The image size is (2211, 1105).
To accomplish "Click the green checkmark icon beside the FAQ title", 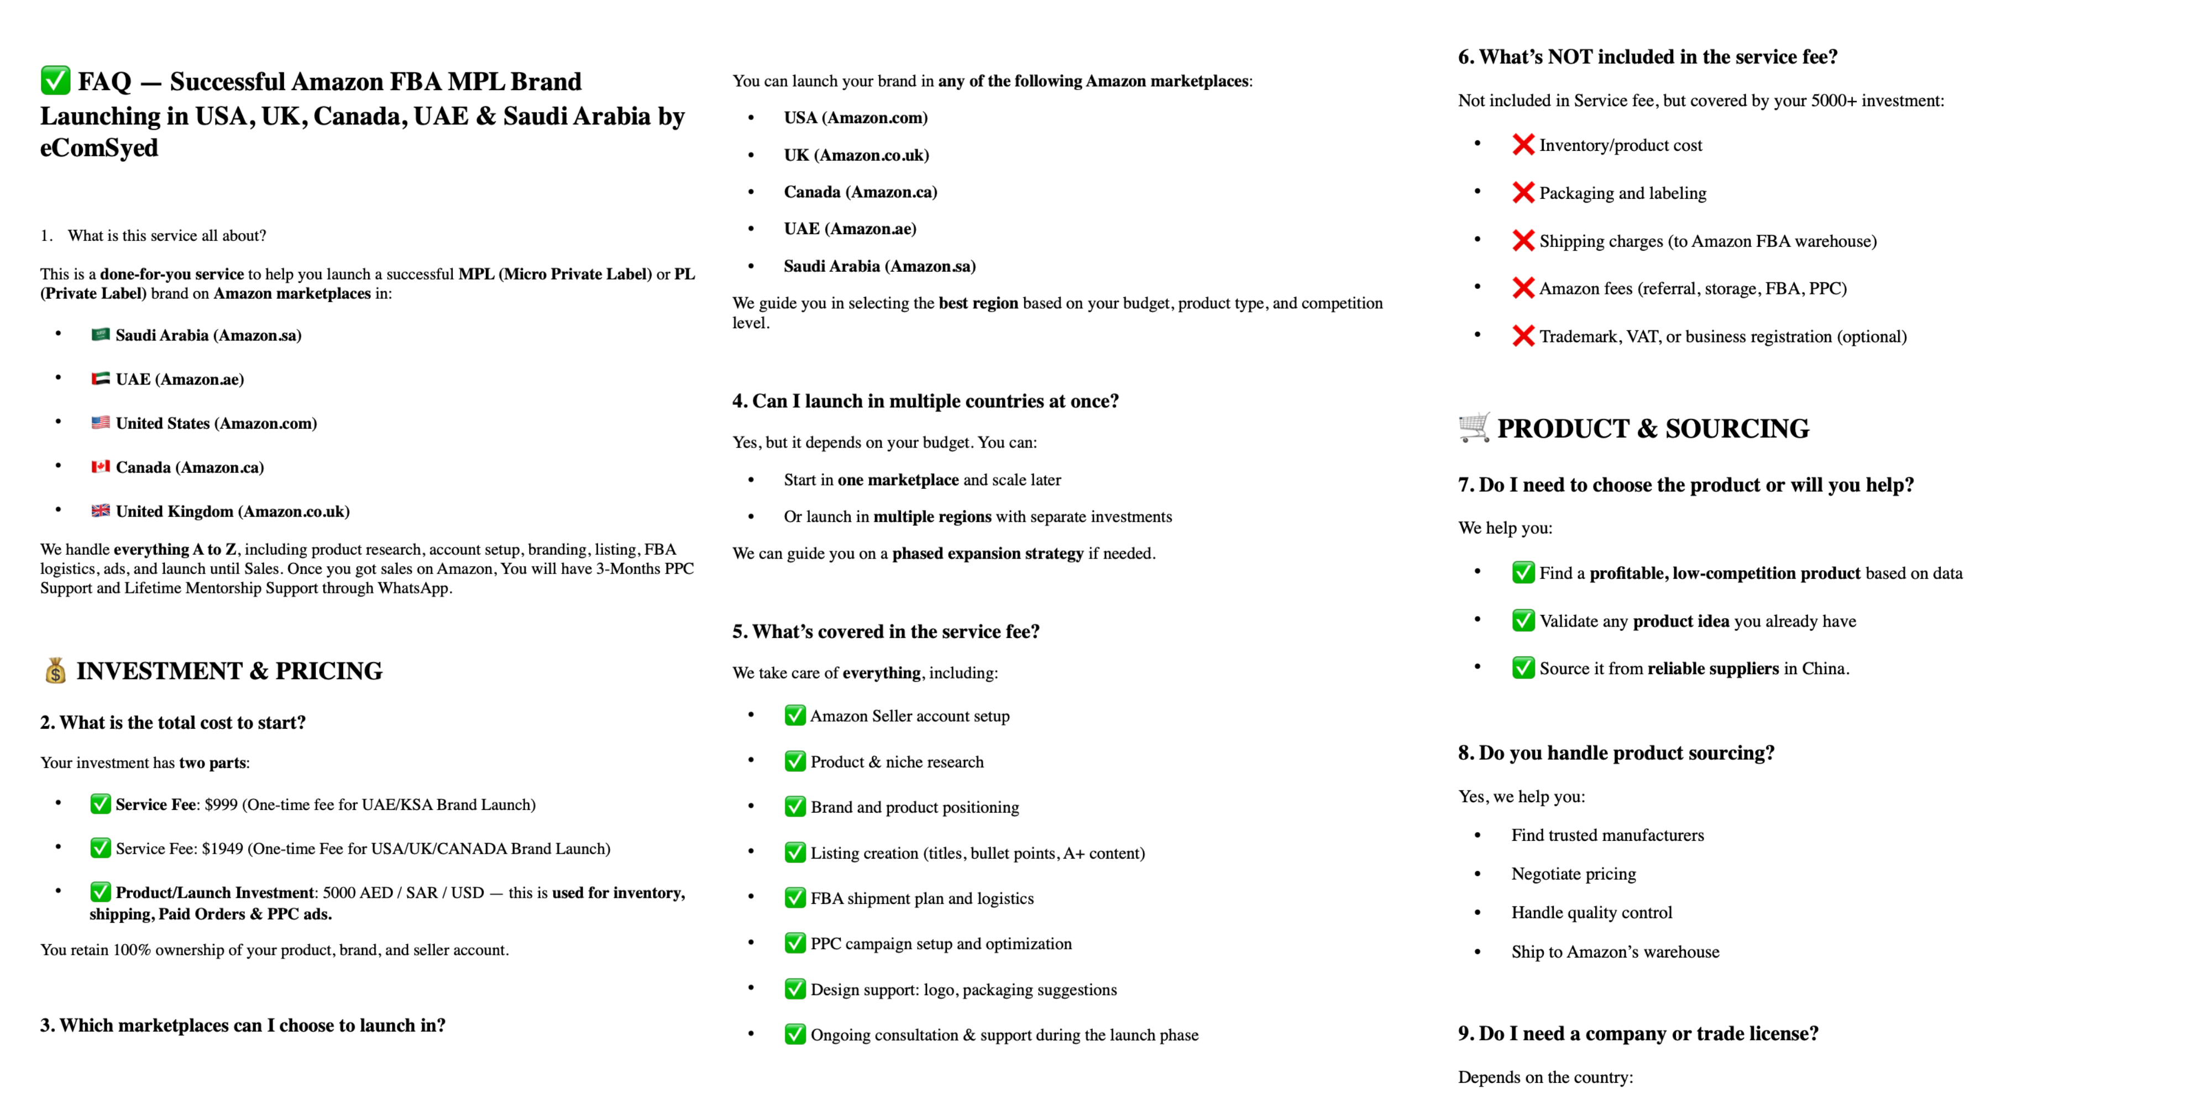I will (x=55, y=81).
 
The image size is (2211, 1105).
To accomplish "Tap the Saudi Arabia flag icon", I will (x=101, y=335).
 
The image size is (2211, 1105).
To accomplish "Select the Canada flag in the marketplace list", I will (x=101, y=467).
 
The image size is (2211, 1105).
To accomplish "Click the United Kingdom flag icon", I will (x=101, y=511).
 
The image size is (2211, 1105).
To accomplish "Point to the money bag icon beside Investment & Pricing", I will (x=55, y=670).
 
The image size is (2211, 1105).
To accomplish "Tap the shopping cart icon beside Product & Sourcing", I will (x=1474, y=427).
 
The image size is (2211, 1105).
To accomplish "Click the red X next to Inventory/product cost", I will (x=1523, y=145).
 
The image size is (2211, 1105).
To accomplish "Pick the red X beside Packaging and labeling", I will (x=1523, y=193).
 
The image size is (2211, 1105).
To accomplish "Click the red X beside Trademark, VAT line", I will (x=1523, y=336).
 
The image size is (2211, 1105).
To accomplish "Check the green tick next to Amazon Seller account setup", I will (x=795, y=715).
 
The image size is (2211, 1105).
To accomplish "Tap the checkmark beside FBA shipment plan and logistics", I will (x=795, y=898).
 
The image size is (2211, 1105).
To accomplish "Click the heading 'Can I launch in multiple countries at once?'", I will (x=925, y=402).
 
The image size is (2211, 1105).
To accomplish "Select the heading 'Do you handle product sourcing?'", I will (x=1615, y=753).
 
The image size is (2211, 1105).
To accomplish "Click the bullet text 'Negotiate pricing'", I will (x=1573, y=874).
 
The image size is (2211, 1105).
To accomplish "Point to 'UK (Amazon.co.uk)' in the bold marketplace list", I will (x=856, y=155).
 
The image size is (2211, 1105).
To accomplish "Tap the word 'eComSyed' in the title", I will (x=99, y=149).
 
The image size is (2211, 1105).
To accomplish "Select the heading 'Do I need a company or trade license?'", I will (x=1638, y=1034).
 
